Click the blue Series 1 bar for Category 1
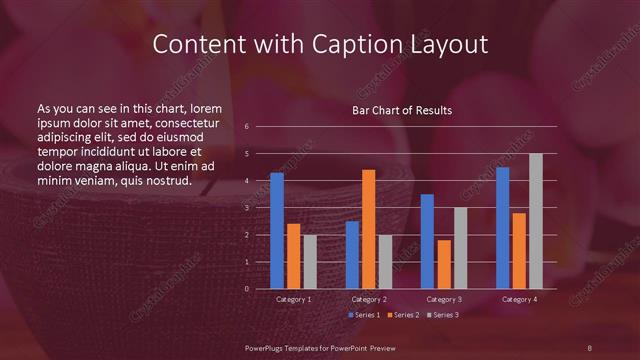[x=277, y=231]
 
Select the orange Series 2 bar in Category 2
[x=368, y=229]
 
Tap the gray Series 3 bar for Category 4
[x=536, y=221]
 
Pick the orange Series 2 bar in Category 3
[x=444, y=264]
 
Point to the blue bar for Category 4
[x=503, y=228]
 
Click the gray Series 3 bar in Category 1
[x=310, y=262]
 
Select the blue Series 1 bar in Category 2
[x=352, y=255]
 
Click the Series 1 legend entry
[x=363, y=315]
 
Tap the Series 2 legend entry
[x=401, y=315]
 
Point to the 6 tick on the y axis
[x=247, y=126]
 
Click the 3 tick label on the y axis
[x=247, y=207]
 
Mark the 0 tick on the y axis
[x=247, y=289]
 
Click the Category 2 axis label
[x=368, y=300]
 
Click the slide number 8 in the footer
[x=589, y=346]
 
